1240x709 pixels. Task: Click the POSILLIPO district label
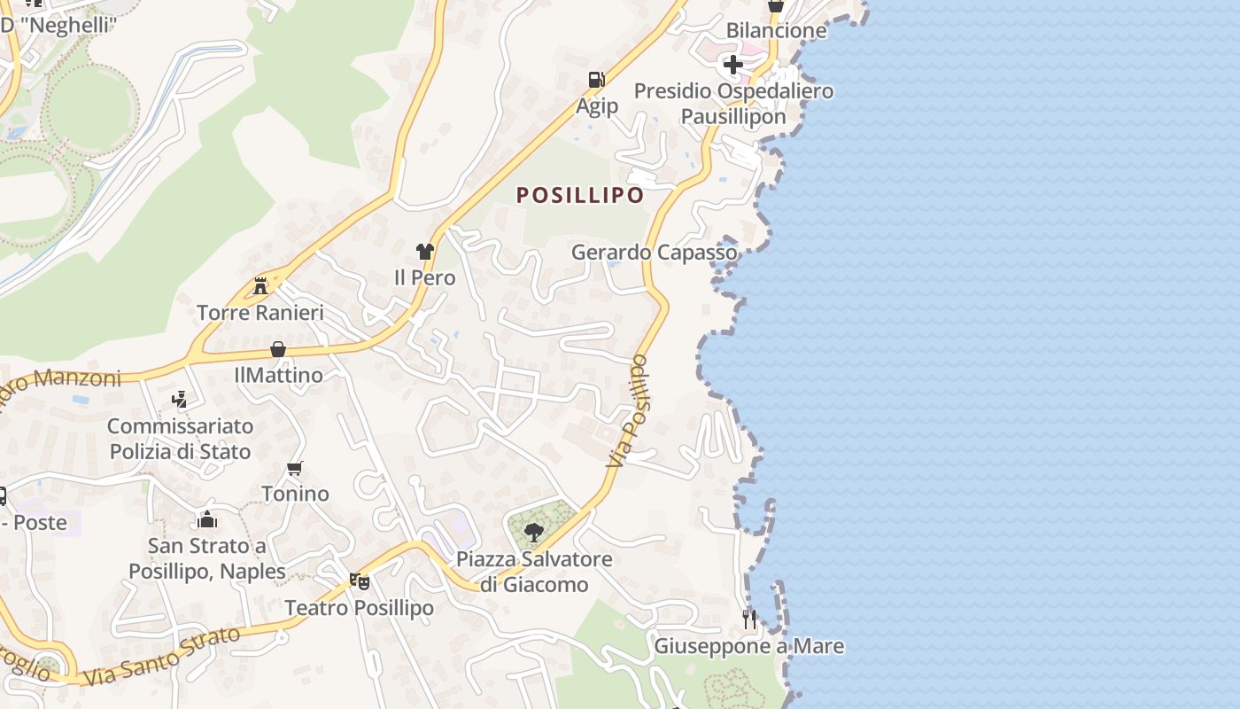click(x=580, y=195)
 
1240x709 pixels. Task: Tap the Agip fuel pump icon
click(x=597, y=80)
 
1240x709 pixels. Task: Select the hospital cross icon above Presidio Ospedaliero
click(x=732, y=64)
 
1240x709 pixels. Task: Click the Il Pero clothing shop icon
click(x=425, y=252)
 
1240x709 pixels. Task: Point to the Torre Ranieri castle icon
click(x=260, y=286)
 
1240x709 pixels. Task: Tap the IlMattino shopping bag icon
click(x=278, y=349)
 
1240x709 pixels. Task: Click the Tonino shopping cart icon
click(x=295, y=468)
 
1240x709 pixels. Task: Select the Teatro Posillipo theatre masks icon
click(x=359, y=581)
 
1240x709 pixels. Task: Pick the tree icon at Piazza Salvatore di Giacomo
click(x=533, y=532)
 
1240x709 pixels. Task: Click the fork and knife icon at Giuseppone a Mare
click(x=749, y=619)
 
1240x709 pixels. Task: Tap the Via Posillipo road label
click(x=628, y=412)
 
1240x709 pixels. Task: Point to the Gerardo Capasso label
click(x=654, y=253)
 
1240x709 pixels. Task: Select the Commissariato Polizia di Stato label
click(x=181, y=439)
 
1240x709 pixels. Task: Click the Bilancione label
click(x=776, y=30)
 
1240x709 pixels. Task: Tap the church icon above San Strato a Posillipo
click(x=207, y=519)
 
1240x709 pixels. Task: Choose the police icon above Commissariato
click(x=180, y=400)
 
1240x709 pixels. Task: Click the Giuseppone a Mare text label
click(x=748, y=646)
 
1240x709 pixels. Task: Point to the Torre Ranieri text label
click(x=260, y=313)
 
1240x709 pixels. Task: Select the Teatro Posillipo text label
click(x=359, y=608)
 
